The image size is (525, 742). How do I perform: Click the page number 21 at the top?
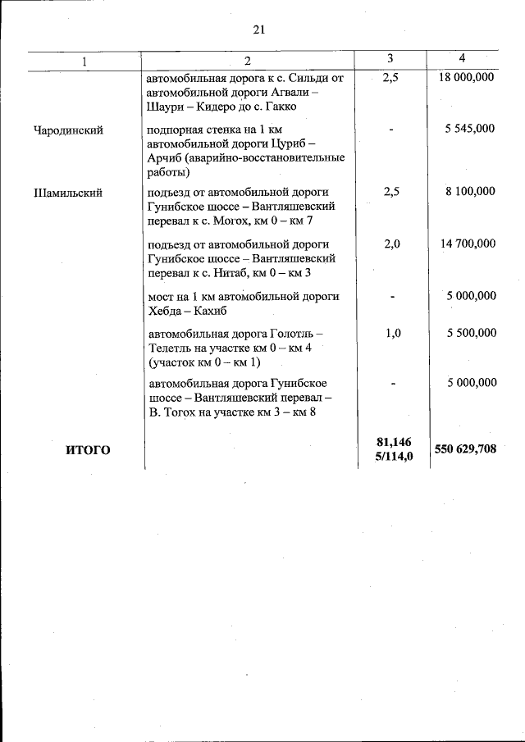coord(258,30)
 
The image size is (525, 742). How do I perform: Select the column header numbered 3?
coord(390,59)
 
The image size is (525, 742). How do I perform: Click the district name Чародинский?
coord(68,130)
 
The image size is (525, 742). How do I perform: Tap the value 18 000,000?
coord(466,78)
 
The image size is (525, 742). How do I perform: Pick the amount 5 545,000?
coord(471,130)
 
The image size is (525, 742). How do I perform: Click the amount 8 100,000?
coord(471,191)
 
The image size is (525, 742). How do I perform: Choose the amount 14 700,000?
coord(468,244)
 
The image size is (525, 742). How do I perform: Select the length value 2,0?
coord(391,244)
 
